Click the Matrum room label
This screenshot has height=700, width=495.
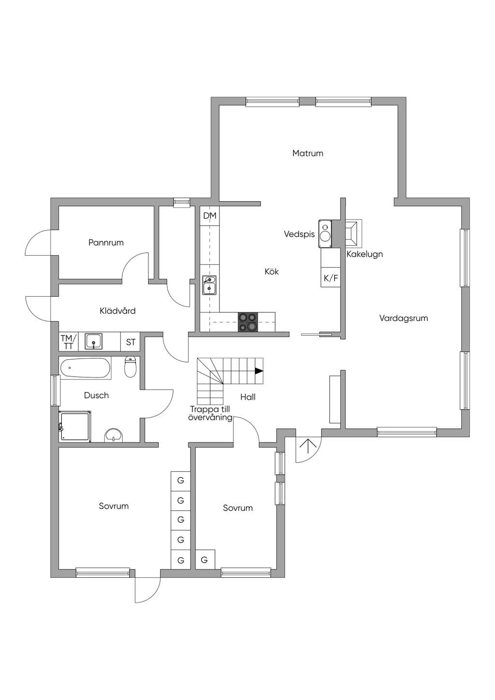click(x=307, y=153)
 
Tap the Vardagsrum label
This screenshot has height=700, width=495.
click(x=404, y=318)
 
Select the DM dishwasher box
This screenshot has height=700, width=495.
click(x=210, y=216)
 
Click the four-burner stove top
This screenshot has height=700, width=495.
click(x=248, y=322)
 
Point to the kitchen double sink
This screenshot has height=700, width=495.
click(x=209, y=285)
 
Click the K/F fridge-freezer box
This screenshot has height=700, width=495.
click(x=330, y=277)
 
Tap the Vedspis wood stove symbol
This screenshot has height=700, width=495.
click(x=325, y=234)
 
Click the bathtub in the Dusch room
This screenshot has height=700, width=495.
click(x=85, y=368)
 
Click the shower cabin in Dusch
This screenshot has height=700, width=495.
click(x=75, y=426)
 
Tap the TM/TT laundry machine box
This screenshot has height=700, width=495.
click(x=69, y=342)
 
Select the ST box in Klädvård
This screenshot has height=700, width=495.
click(x=131, y=342)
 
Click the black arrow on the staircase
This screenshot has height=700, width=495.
click(x=259, y=371)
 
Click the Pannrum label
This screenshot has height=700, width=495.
click(x=106, y=243)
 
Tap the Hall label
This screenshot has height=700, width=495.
click(x=248, y=397)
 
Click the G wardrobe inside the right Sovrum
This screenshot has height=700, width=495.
click(x=205, y=559)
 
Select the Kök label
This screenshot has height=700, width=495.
click(x=272, y=271)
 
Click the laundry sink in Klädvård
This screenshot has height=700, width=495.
click(x=94, y=341)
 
